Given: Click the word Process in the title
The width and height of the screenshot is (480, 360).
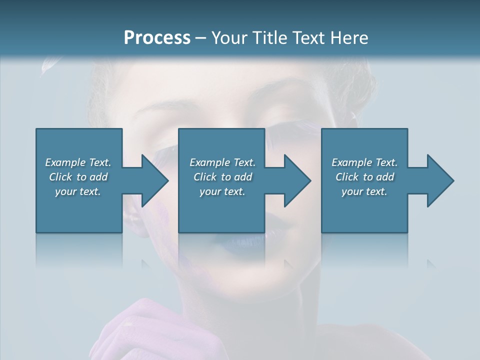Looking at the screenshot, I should coord(157,38).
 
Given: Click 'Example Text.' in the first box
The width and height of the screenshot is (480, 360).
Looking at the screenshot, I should coord(78,162).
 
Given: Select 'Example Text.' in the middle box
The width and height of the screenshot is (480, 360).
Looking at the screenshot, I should coord(222,162).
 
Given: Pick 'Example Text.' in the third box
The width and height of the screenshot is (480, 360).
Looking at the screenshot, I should coord(364,162).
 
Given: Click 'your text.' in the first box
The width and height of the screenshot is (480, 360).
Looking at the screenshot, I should coord(78,191).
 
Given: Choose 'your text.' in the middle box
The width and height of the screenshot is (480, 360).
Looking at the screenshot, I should coord(222,191).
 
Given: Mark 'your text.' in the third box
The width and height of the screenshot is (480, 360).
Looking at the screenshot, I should coord(364,191).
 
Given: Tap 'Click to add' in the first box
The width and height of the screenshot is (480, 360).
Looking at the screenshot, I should coord(78,177).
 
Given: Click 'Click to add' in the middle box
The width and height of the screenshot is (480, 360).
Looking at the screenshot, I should coord(222,177).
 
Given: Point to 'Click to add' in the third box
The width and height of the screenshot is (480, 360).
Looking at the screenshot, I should coord(364,177).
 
